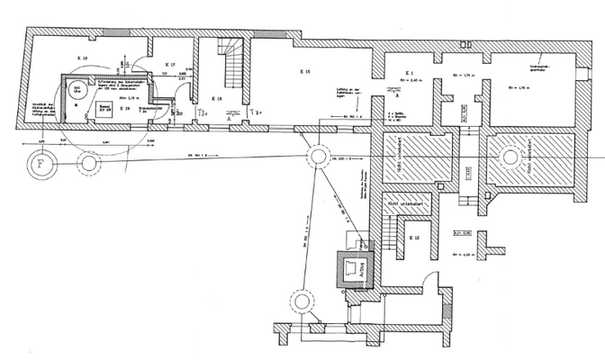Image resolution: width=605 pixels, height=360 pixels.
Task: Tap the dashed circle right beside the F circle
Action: click(x=87, y=164)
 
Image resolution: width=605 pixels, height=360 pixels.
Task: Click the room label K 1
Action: click(x=409, y=72)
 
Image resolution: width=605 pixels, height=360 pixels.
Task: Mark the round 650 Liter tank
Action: click(x=77, y=91)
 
